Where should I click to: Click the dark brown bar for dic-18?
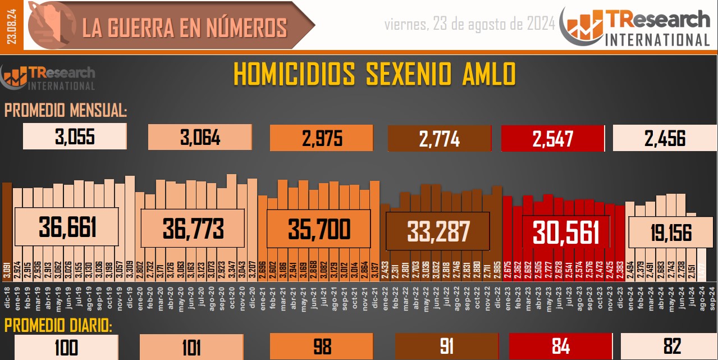pos(7,225)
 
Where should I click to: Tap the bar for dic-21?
pos(374,225)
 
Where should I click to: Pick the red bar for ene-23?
pos(507,225)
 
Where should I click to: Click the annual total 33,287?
pos(438,230)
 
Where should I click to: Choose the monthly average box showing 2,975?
pos(322,138)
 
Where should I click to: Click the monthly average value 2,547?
pos(552,138)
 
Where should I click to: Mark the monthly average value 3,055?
pos(75,136)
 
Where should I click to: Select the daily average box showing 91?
pos(447,347)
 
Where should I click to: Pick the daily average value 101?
pos(191,347)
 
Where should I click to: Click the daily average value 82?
pos(671,346)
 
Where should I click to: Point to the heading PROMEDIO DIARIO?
pos(58,326)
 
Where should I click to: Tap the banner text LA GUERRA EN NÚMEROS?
pos(185,28)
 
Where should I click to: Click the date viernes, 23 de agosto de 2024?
pos(470,24)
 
